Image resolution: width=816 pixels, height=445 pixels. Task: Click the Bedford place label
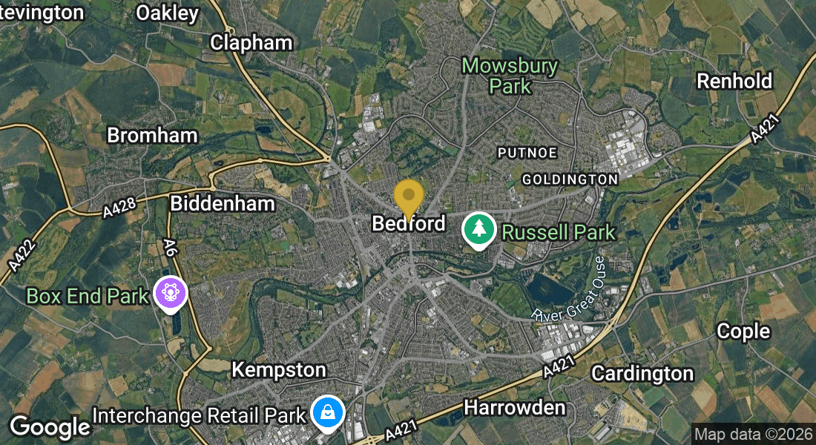tap(409, 223)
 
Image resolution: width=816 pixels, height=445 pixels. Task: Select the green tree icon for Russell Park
tap(479, 230)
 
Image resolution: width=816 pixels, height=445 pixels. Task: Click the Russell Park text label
tap(558, 232)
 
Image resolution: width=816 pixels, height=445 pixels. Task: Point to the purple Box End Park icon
tap(170, 294)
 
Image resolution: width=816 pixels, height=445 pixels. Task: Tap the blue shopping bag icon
tap(326, 412)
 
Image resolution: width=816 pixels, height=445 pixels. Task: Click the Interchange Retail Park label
tap(199, 415)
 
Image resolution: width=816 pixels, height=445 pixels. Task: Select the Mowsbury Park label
tap(510, 76)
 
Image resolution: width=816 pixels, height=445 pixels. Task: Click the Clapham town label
tap(251, 43)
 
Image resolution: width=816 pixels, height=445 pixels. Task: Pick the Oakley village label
tap(168, 13)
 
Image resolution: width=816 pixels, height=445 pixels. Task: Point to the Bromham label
tap(152, 135)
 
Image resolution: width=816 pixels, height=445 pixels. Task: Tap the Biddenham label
tap(223, 203)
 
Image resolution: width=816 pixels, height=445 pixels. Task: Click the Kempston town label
tap(278, 369)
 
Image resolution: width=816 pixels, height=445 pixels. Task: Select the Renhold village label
tap(734, 81)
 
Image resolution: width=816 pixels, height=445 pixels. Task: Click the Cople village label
tap(743, 332)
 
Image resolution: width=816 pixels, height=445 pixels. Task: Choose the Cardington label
tap(642, 372)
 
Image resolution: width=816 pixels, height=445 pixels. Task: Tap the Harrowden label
tap(514, 406)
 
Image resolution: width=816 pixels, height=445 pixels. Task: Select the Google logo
tap(50, 426)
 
